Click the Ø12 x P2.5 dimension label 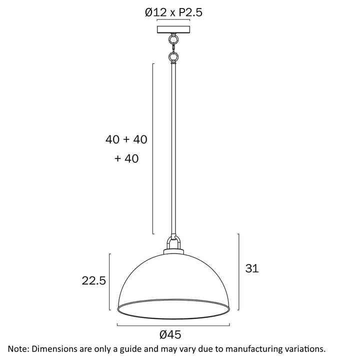173,12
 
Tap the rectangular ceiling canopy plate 173,29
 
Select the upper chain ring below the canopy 173,39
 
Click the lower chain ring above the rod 173,56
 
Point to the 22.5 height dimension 93,280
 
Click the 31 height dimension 252,268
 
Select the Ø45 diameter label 170,334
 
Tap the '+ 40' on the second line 126,158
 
